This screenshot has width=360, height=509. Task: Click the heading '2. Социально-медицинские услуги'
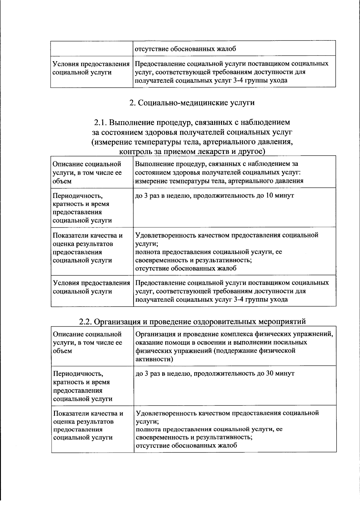pyautogui.click(x=192, y=103)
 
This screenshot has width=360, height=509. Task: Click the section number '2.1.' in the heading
pyautogui.click(x=101, y=122)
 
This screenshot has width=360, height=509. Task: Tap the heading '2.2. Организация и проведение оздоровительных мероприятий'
pyautogui.click(x=192, y=322)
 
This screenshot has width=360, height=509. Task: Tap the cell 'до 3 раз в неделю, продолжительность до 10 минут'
pyautogui.click(x=214, y=196)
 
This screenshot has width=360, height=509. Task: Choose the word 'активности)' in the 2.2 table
pyautogui.click(x=154, y=359)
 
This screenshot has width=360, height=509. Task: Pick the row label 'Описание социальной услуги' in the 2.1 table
pyautogui.click(x=87, y=172)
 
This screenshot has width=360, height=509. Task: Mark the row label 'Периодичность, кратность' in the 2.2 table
pyautogui.click(x=81, y=378)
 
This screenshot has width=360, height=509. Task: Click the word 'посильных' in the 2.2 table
pyautogui.click(x=292, y=342)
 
